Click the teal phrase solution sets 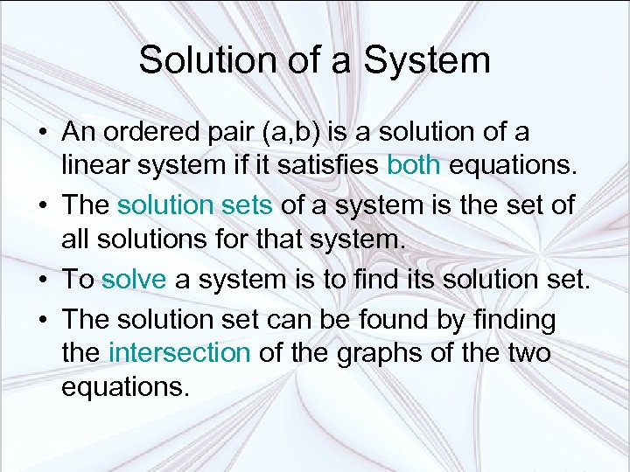click(196, 205)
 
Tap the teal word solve click(134, 280)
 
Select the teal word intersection click(179, 353)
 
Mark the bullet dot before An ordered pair click(42, 133)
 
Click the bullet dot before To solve click(42, 281)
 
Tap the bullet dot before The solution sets click(42, 206)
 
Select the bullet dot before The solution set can click(42, 321)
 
